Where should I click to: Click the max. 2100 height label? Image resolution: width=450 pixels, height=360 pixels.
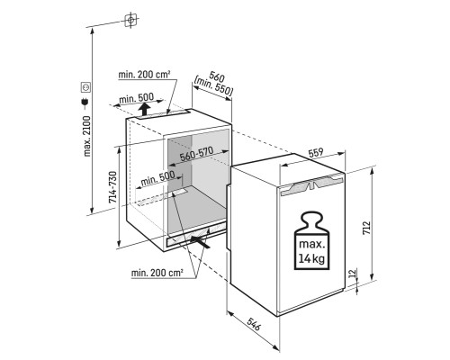click(x=86, y=136)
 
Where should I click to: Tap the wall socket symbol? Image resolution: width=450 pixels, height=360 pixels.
click(x=85, y=87)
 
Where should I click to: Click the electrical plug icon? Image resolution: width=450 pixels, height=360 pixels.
click(x=85, y=103)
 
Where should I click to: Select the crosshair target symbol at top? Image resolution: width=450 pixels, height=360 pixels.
click(x=130, y=20)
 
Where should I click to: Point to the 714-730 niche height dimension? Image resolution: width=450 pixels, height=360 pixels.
click(x=112, y=187)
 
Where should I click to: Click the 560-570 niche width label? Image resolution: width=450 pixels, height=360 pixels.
click(x=196, y=154)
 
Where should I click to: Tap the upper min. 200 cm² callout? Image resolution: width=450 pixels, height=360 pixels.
click(x=145, y=75)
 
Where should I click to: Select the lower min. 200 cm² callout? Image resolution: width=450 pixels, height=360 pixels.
click(x=157, y=273)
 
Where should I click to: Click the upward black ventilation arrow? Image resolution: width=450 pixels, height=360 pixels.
click(x=145, y=109)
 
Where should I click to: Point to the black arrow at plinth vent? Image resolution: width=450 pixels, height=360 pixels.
click(x=200, y=241)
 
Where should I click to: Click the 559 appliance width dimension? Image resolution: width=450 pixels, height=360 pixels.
click(x=316, y=153)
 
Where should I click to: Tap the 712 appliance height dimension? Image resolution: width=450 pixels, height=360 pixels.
click(x=367, y=228)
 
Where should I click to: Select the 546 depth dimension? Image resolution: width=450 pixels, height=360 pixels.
click(x=254, y=323)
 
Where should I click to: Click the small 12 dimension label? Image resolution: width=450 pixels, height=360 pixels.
click(x=353, y=273)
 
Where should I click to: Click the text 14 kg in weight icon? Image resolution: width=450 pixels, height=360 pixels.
click(x=311, y=257)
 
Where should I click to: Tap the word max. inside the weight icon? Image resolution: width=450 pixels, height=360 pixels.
click(x=312, y=244)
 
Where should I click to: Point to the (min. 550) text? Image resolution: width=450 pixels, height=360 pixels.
click(x=213, y=86)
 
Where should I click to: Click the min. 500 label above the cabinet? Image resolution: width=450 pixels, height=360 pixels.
click(x=137, y=98)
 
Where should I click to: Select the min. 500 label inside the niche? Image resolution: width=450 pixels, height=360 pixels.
click(x=157, y=178)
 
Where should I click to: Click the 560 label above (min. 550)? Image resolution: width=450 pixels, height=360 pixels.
click(x=217, y=77)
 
